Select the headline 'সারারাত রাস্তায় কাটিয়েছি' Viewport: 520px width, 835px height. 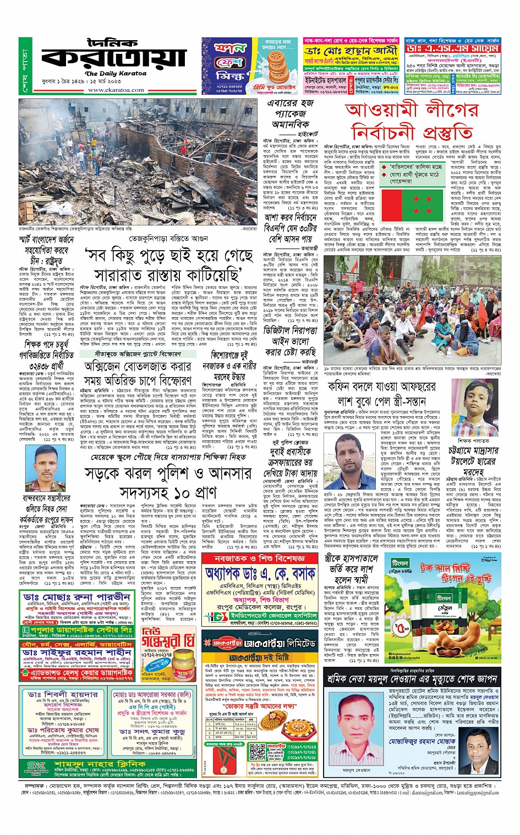168,274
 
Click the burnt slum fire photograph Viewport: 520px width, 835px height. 138,161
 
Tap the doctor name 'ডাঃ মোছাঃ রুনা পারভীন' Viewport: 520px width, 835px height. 76,597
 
